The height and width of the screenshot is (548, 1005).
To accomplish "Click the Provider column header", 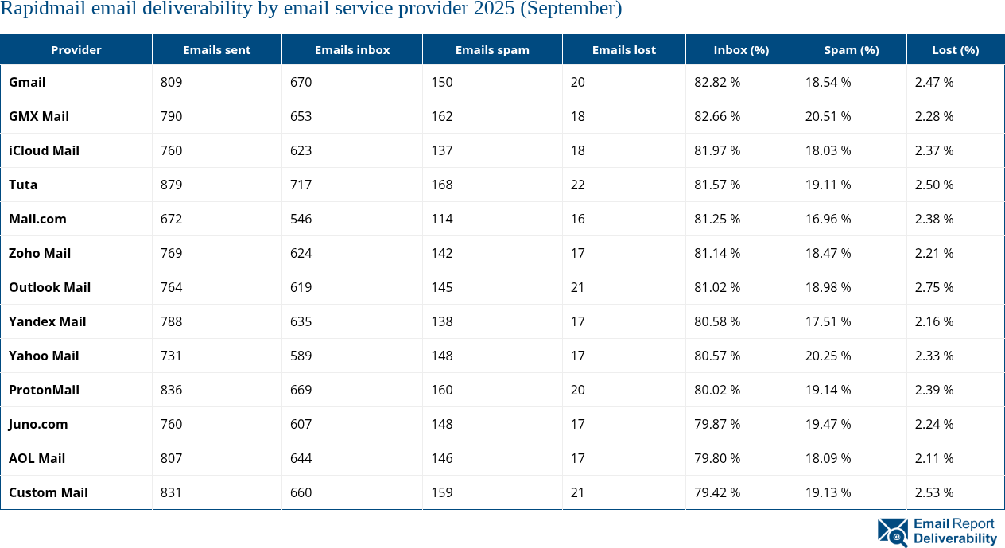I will [76, 49].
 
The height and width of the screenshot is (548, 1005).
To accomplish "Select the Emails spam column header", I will [491, 49].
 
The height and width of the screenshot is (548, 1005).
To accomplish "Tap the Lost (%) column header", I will [955, 49].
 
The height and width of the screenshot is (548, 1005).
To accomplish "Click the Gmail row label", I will [27, 82].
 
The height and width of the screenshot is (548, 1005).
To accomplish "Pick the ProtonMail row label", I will [44, 390].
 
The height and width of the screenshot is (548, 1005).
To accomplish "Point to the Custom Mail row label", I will [48, 492].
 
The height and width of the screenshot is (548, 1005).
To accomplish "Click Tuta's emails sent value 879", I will [171, 185].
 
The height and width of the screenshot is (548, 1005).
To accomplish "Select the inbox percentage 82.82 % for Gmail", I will [717, 82].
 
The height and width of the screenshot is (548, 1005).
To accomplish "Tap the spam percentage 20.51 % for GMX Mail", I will [828, 116].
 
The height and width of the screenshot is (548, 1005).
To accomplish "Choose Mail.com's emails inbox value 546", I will [301, 219].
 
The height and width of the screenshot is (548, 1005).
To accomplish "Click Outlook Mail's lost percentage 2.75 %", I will [934, 287].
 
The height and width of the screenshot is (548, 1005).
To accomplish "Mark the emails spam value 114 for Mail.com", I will [441, 219].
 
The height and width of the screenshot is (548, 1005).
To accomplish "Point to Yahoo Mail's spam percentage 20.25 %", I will [828, 356].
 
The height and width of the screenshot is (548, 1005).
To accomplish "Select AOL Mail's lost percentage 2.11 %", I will [933, 458].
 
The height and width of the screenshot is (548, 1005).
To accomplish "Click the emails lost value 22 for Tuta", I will [577, 185].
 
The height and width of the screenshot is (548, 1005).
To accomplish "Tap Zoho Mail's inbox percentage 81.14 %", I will [717, 253].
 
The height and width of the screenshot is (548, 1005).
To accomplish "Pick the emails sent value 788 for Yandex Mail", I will [171, 321].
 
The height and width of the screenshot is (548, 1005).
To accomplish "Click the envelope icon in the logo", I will [892, 531].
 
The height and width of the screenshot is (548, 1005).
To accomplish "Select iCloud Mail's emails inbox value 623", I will [301, 150].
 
